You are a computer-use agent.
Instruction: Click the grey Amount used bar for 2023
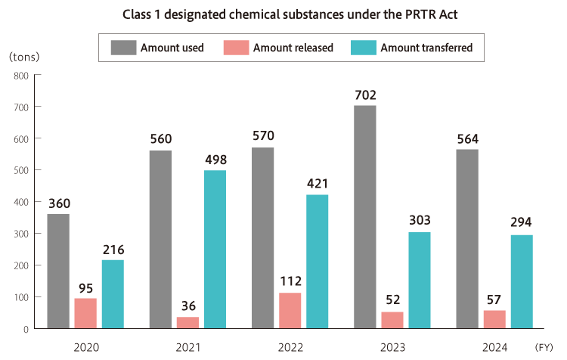365,217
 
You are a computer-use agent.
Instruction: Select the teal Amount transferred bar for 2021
215,250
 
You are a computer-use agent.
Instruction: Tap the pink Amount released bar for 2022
290,310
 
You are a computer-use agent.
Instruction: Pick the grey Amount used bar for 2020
58,271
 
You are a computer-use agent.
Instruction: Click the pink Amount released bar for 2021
187,322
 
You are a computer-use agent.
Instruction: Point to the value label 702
365,95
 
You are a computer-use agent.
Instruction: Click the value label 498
215,160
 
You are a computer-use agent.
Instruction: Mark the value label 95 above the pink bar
85,287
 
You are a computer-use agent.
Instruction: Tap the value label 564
468,138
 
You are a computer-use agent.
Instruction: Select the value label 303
420,221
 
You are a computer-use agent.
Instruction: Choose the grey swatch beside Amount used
122,48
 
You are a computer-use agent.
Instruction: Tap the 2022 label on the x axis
290,347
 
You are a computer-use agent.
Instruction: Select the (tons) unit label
24,57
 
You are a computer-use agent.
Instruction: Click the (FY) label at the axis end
544,347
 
